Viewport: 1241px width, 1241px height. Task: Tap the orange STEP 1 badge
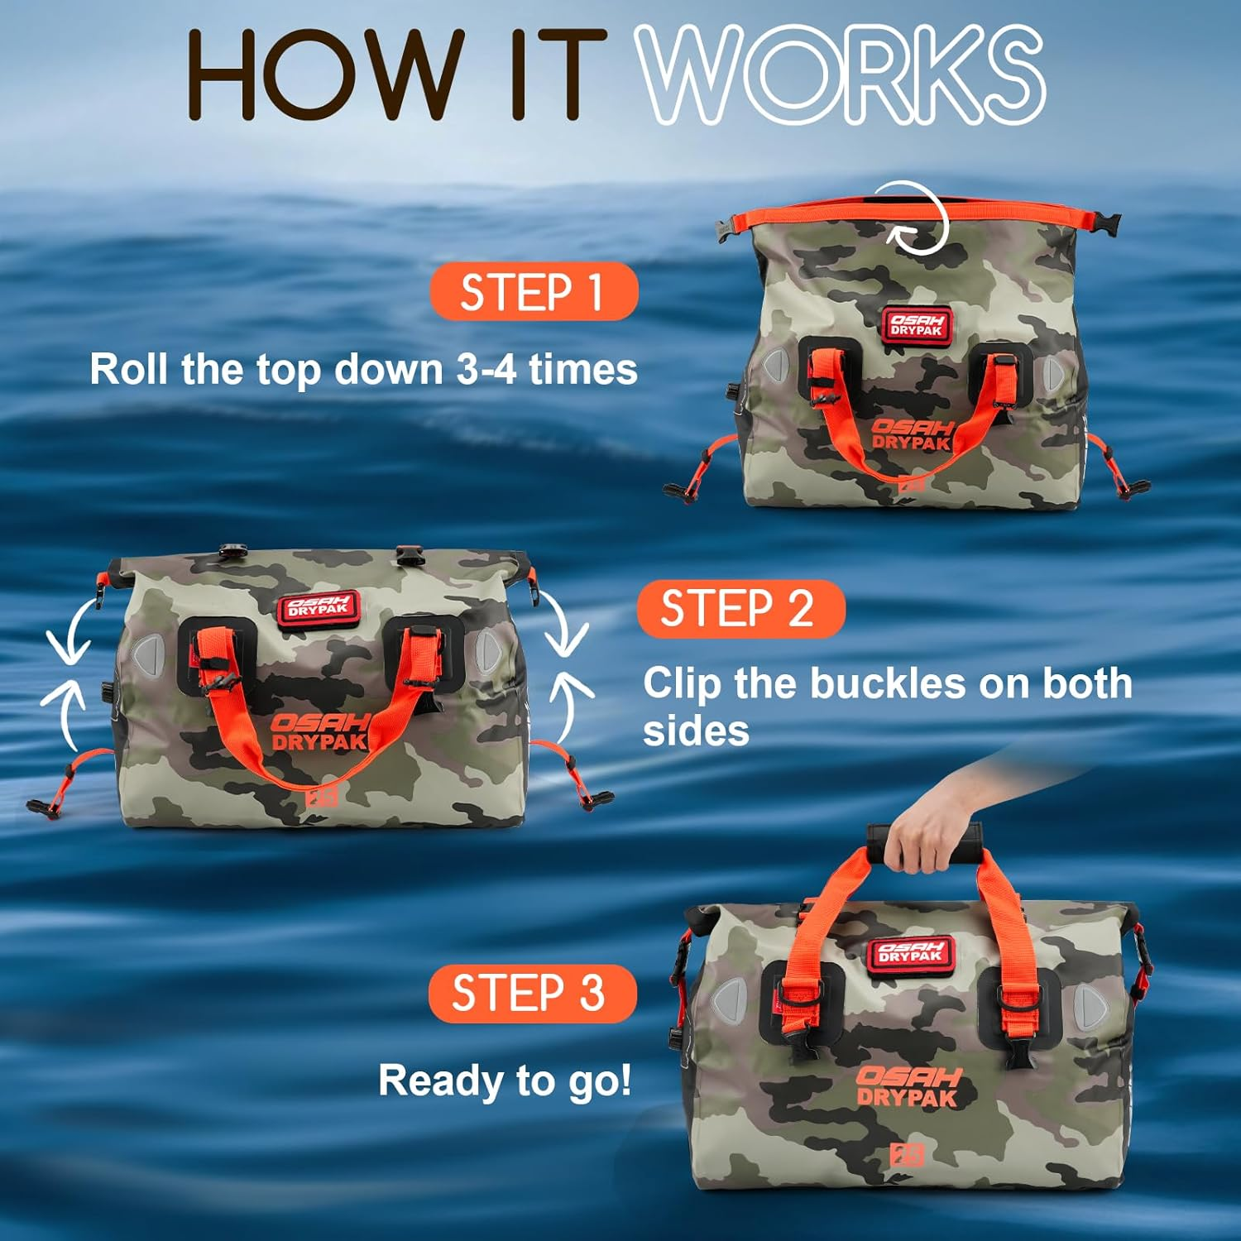coord(534,291)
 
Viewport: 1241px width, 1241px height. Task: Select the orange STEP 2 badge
coord(740,609)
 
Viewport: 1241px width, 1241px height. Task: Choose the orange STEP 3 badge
coord(532,993)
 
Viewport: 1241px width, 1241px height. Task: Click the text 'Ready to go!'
coord(505,1080)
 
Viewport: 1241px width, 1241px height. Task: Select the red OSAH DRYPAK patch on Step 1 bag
coord(916,324)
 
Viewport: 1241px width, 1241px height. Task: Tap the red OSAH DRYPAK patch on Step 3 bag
coord(910,952)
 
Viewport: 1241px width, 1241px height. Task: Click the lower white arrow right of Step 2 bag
coord(571,703)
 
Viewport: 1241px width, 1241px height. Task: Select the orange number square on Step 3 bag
coord(906,1155)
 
